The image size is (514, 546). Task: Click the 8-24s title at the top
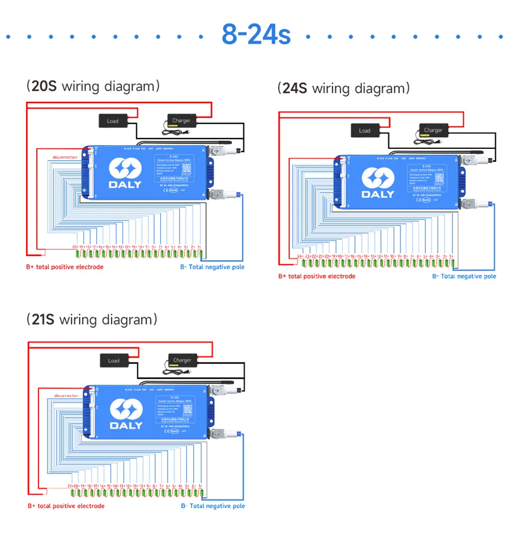click(256, 34)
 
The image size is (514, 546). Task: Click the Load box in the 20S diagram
click(113, 121)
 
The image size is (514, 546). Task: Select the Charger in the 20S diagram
click(181, 121)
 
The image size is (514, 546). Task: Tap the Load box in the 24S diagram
click(365, 130)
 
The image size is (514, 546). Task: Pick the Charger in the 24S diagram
click(433, 130)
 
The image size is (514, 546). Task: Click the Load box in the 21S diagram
click(114, 360)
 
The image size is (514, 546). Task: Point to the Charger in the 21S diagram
click(182, 360)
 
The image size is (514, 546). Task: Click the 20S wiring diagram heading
click(93, 86)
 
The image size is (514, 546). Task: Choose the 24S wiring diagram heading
click(344, 88)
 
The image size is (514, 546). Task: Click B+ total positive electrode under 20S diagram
click(65, 267)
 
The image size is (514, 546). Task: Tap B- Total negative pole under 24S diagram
click(464, 277)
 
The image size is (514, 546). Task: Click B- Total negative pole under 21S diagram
click(213, 506)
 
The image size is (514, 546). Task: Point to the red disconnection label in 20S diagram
click(65, 157)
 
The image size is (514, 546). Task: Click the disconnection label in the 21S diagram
click(67, 396)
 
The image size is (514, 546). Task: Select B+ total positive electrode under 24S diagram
click(317, 277)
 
